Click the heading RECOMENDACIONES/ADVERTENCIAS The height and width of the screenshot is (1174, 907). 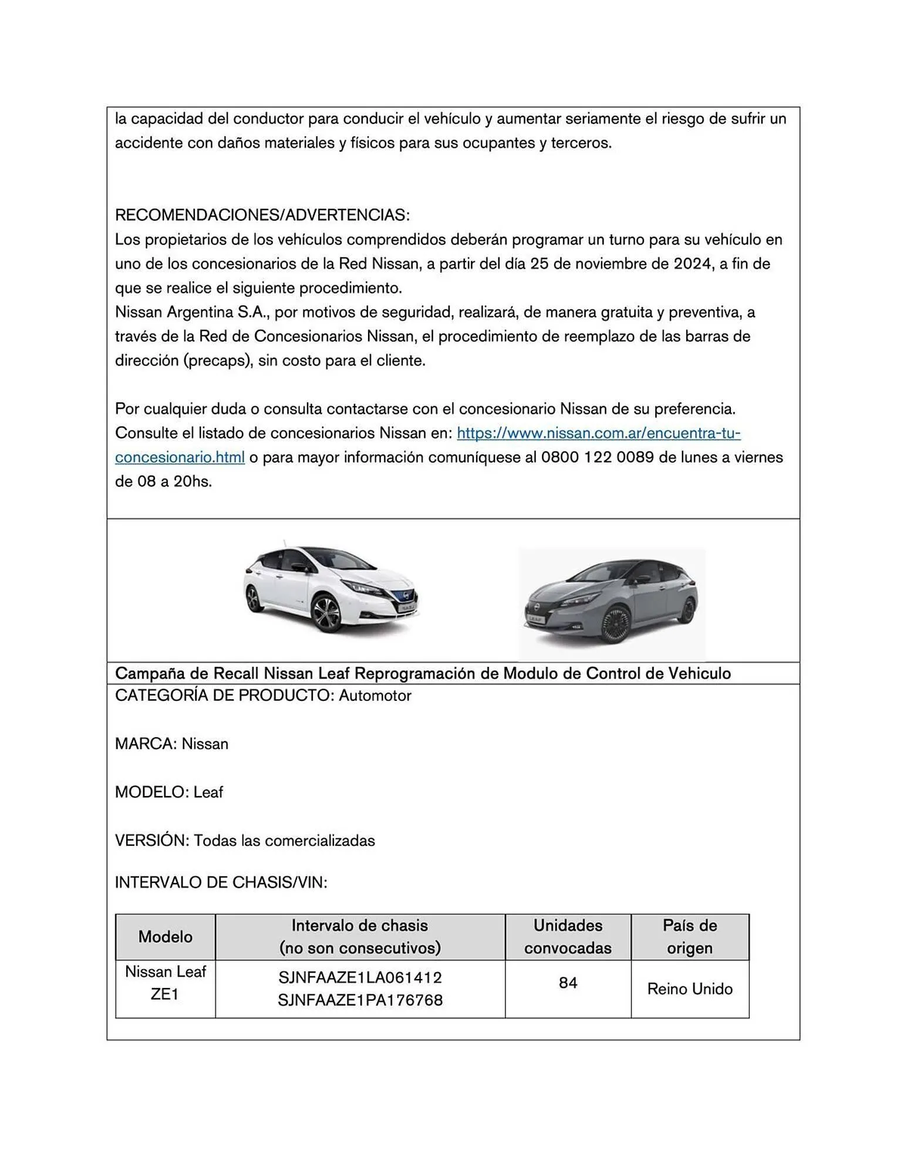[262, 215]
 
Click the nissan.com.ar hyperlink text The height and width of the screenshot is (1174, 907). [598, 433]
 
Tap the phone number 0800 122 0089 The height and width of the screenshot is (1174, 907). [596, 457]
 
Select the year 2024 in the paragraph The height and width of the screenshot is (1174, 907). [693, 264]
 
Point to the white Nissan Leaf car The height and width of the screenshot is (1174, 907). [332, 587]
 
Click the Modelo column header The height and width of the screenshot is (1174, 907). [165, 936]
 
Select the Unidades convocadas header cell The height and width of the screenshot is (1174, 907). [567, 936]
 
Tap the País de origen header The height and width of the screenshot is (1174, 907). [689, 936]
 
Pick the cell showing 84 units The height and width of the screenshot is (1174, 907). [567, 983]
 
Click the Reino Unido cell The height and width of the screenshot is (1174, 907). [689, 989]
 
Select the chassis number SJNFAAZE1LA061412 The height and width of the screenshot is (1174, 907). [360, 978]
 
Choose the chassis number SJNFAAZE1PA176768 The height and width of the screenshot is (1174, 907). [360, 1000]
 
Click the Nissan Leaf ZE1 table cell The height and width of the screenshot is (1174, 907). [165, 983]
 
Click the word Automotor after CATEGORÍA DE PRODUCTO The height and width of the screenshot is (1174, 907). [375, 696]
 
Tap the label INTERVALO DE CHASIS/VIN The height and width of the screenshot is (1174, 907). [221, 882]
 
